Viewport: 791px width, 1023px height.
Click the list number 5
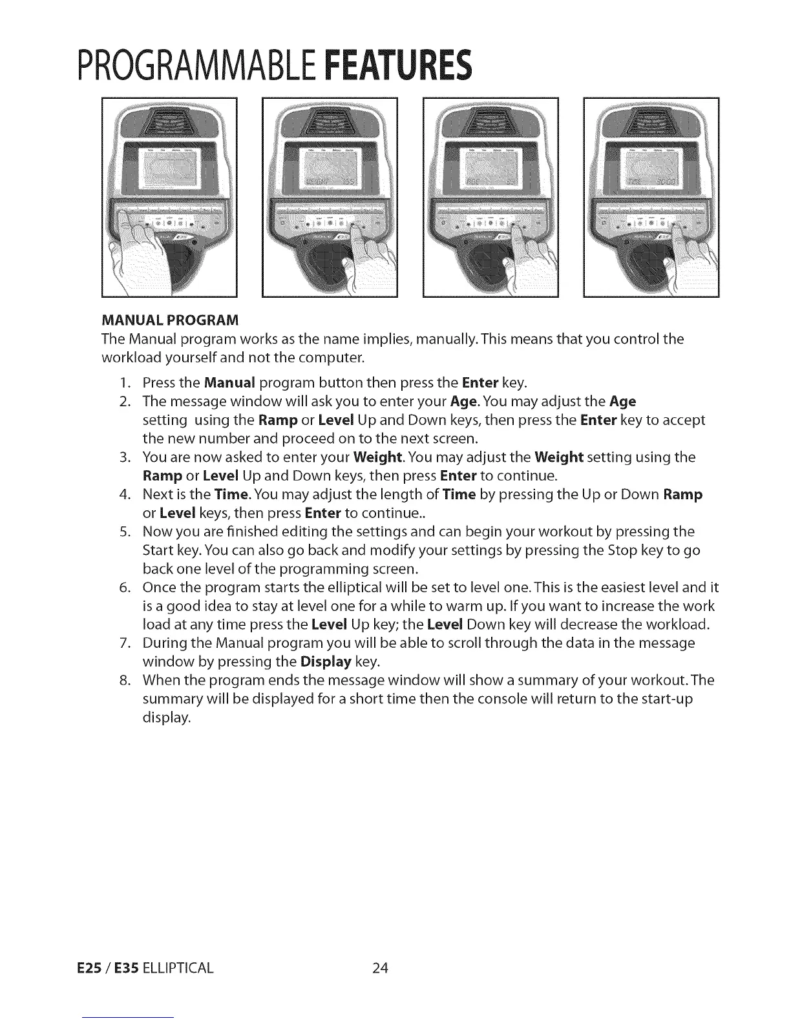pyautogui.click(x=125, y=532)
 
